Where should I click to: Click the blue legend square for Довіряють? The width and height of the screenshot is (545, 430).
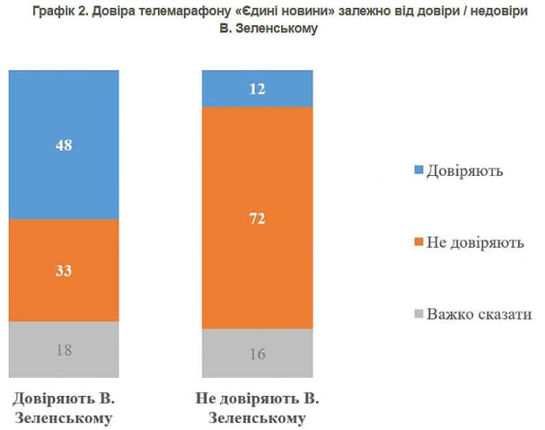tap(419, 170)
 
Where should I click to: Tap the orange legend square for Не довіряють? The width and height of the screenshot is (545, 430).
tap(419, 241)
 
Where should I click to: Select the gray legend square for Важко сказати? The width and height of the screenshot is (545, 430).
tap(419, 314)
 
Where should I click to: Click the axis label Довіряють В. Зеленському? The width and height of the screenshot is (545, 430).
tap(64, 406)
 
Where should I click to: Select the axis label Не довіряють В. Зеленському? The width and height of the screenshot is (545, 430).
tap(257, 406)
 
